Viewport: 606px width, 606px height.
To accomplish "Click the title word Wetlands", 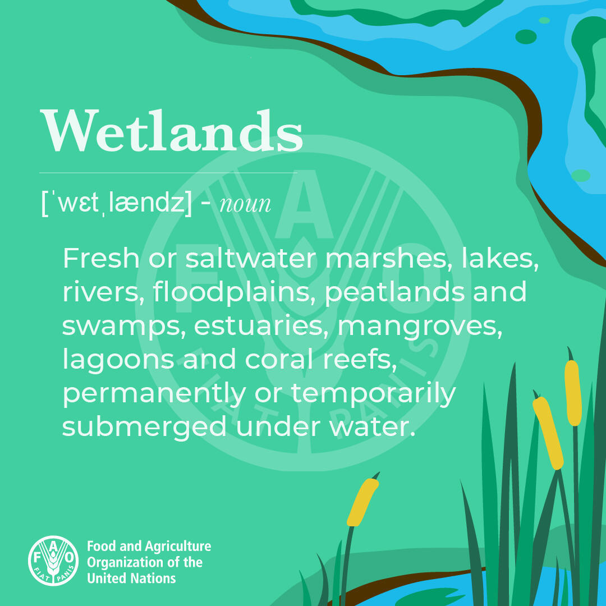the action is (x=171, y=131).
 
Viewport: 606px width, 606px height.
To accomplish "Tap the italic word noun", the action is (x=245, y=204).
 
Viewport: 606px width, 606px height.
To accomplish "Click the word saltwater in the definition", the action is (x=251, y=258).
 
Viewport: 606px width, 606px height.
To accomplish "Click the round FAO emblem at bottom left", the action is (x=53, y=560).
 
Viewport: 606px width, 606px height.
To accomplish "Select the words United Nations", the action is (x=131, y=578).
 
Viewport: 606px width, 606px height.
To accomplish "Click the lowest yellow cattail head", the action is (x=362, y=502).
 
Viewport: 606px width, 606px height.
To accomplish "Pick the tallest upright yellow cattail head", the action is (x=573, y=393).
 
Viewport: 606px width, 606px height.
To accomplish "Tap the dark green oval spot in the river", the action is (x=526, y=36).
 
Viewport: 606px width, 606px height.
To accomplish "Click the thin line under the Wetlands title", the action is (x=168, y=173).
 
